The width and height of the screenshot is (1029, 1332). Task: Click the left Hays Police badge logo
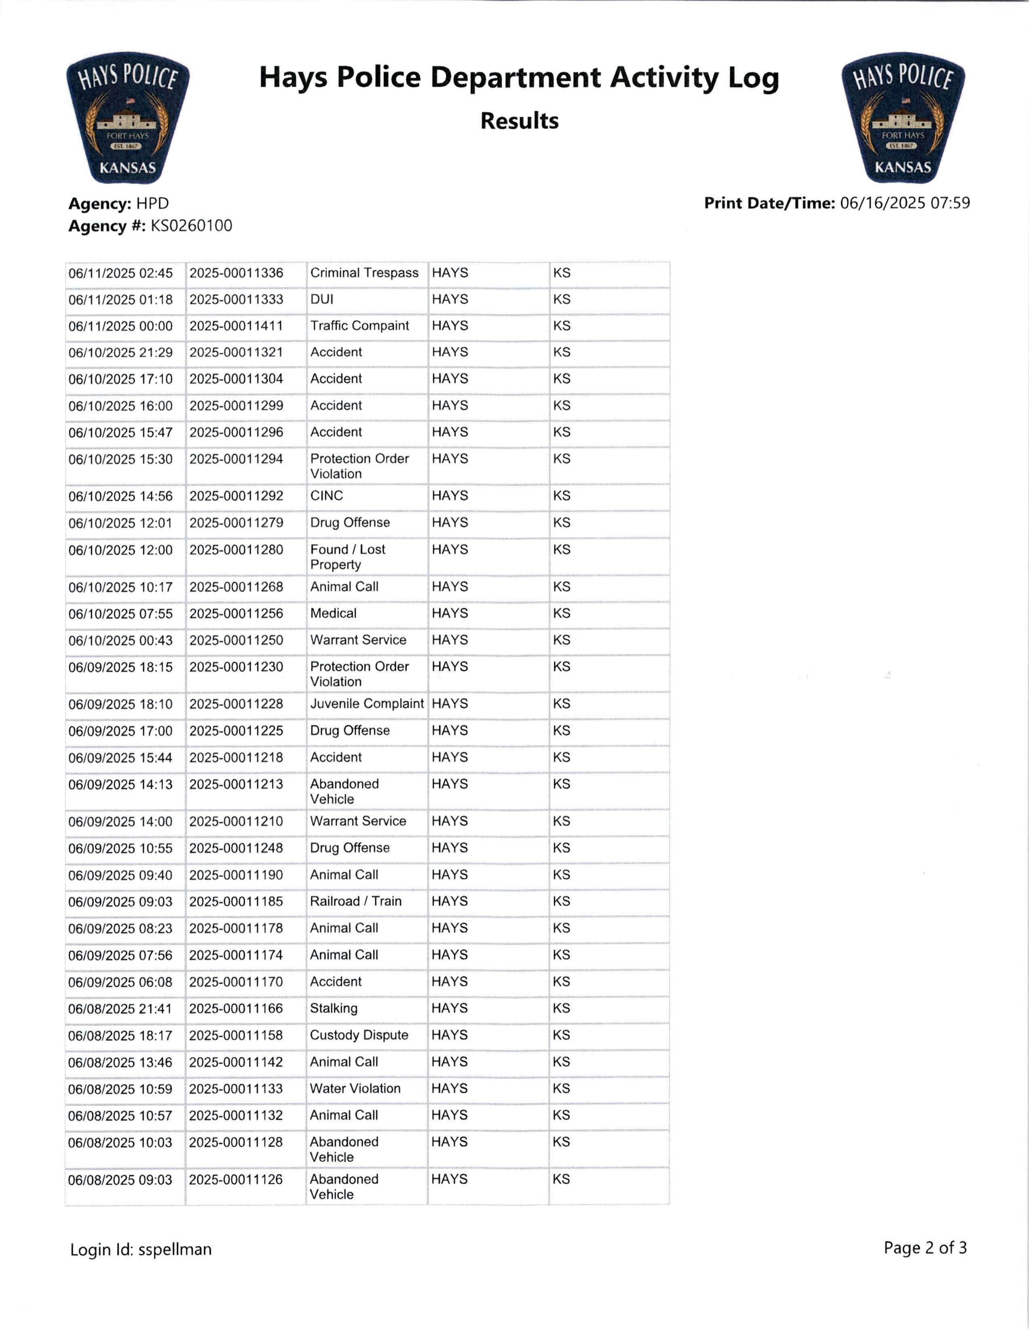128,118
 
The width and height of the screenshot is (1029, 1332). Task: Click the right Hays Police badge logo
903,118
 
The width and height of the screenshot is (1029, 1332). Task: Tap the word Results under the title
519,121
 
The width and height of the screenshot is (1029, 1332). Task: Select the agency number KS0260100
192,226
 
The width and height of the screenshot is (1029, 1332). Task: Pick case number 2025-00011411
236,326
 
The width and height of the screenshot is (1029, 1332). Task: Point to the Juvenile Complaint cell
366,704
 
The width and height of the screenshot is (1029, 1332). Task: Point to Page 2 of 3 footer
925,1248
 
